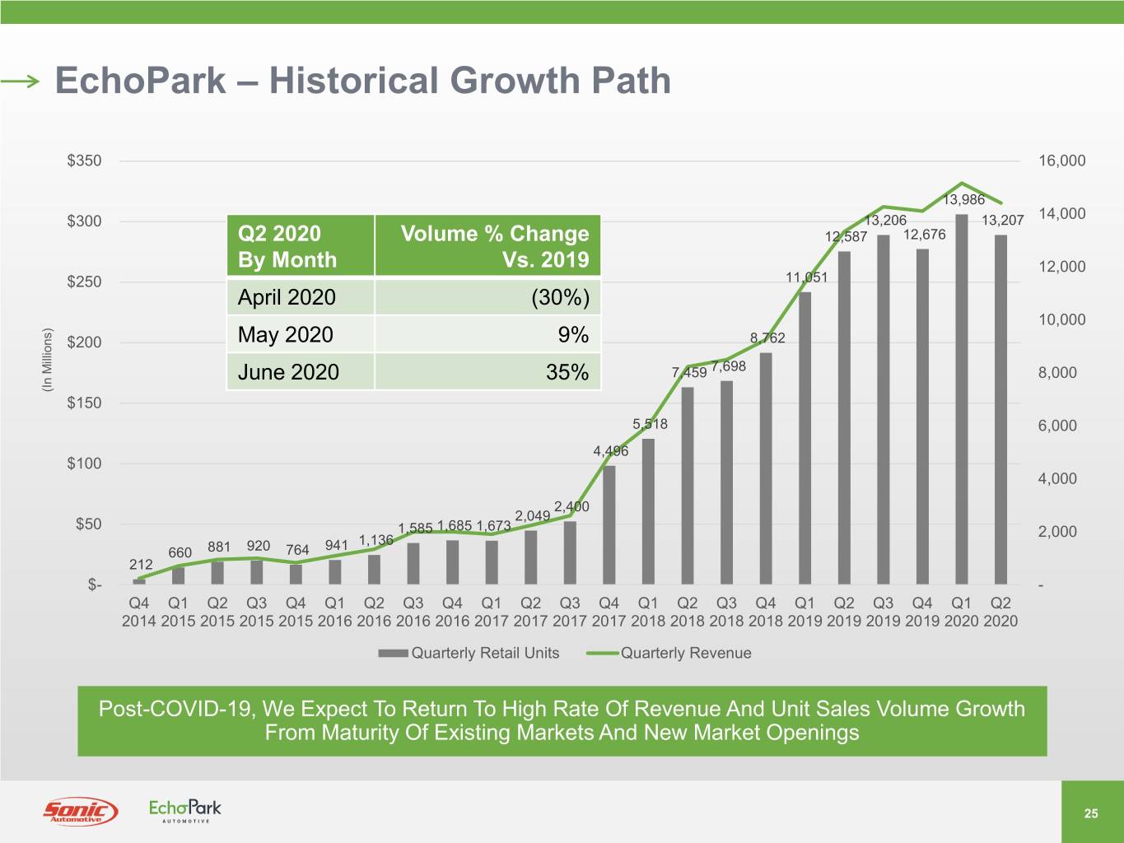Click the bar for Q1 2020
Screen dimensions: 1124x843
click(x=962, y=399)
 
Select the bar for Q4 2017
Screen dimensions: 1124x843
click(x=609, y=525)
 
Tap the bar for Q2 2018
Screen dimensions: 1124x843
click(x=688, y=486)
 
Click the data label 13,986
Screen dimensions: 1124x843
click(x=963, y=199)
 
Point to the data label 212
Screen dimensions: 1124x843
click(x=141, y=565)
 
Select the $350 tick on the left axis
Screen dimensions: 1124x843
click(x=85, y=161)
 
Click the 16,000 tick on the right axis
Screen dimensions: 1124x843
click(x=1061, y=161)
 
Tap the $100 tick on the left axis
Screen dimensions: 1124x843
click(x=85, y=463)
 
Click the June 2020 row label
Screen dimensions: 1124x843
click(x=288, y=372)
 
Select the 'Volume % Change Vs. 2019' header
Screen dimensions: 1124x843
click(x=495, y=246)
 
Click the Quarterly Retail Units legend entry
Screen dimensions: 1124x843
click(x=469, y=653)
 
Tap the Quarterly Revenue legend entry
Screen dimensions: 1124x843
click(x=669, y=653)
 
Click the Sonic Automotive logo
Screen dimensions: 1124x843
click(x=80, y=811)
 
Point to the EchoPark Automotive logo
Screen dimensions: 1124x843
click(x=185, y=811)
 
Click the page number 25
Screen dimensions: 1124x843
click(x=1091, y=813)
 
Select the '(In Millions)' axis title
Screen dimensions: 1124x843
click(x=47, y=360)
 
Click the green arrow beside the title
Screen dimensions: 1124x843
click(x=20, y=81)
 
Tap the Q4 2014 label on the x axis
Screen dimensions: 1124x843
click(x=139, y=612)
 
